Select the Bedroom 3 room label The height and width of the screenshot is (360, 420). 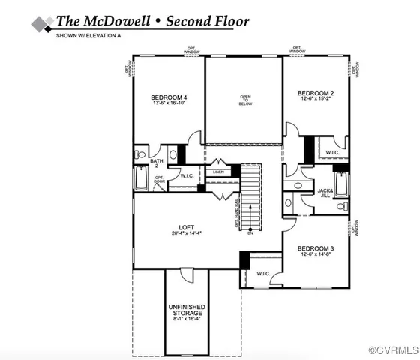tap(315, 248)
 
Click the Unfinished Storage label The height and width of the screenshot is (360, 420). tap(187, 312)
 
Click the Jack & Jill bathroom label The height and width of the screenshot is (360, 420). tap(325, 192)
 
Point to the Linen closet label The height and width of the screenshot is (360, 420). tap(218, 172)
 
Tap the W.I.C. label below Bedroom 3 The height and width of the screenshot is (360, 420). tap(263, 273)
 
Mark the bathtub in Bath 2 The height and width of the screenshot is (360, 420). tap(141, 179)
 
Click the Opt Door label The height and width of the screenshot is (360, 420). tap(160, 180)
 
